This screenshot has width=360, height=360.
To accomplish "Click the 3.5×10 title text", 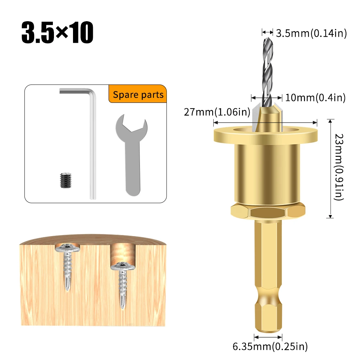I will pos(58,33).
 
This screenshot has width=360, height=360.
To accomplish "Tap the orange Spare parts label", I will pos(138,95).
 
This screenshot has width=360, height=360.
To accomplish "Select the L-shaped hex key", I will pos(92,144).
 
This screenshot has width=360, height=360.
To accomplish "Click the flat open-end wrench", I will pos(132,158).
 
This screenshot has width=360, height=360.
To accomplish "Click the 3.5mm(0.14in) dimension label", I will pos(311,33).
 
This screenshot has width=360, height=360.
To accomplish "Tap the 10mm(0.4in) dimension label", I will pos(315,97).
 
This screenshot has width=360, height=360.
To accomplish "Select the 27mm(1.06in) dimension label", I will pos(217,112).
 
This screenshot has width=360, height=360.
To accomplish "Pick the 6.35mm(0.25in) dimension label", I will pos(270,347).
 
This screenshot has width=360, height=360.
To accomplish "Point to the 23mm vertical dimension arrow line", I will pos(330,168).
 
